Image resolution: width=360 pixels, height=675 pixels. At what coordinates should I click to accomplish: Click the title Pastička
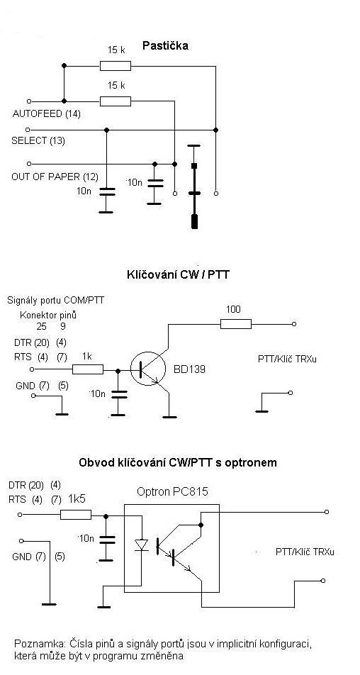tap(164, 46)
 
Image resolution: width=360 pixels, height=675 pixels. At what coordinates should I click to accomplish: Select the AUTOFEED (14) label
tap(47, 115)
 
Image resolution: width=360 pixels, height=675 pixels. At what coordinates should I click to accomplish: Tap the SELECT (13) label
tap(38, 141)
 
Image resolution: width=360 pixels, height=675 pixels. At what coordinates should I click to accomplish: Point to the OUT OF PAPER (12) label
tap(55, 177)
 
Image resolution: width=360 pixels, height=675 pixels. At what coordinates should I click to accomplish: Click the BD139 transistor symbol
tap(148, 369)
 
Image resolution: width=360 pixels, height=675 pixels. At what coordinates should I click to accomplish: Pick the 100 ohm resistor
tap(236, 324)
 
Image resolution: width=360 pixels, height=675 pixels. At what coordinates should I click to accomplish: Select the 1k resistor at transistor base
tap(88, 369)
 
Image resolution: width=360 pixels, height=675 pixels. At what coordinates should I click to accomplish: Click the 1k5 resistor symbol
tap(76, 515)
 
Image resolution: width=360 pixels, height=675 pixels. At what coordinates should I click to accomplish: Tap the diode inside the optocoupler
tap(141, 545)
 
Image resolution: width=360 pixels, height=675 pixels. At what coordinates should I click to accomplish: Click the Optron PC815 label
tap(172, 491)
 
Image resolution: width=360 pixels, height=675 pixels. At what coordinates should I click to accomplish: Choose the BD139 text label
tap(190, 369)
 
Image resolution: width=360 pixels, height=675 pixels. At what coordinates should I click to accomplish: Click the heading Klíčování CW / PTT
tap(176, 274)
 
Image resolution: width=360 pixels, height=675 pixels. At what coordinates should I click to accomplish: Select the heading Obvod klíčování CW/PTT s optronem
tap(178, 463)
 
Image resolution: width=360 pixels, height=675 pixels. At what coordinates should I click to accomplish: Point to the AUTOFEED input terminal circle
tap(29, 101)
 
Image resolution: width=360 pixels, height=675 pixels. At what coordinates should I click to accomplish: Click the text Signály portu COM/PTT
tap(55, 300)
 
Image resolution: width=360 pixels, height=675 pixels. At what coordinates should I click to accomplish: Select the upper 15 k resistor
tap(116, 66)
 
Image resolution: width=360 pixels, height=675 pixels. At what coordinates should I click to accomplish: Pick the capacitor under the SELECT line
tap(106, 191)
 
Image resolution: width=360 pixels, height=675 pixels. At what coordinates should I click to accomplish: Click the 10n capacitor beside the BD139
tap(118, 394)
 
